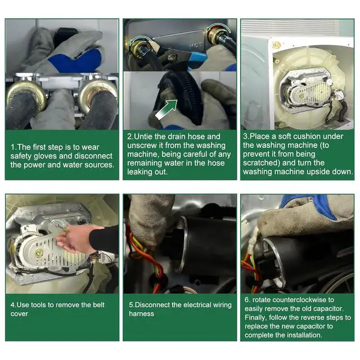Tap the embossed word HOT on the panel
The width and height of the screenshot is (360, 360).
(196, 46)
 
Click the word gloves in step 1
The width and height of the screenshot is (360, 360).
(46, 156)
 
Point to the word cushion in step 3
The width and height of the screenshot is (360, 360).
(293, 136)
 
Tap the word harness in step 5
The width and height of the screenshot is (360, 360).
(141, 314)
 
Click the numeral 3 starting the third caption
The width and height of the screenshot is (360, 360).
(245, 136)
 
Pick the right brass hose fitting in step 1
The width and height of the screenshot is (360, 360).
(98, 94)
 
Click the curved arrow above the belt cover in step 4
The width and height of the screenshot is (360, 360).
(58, 222)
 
